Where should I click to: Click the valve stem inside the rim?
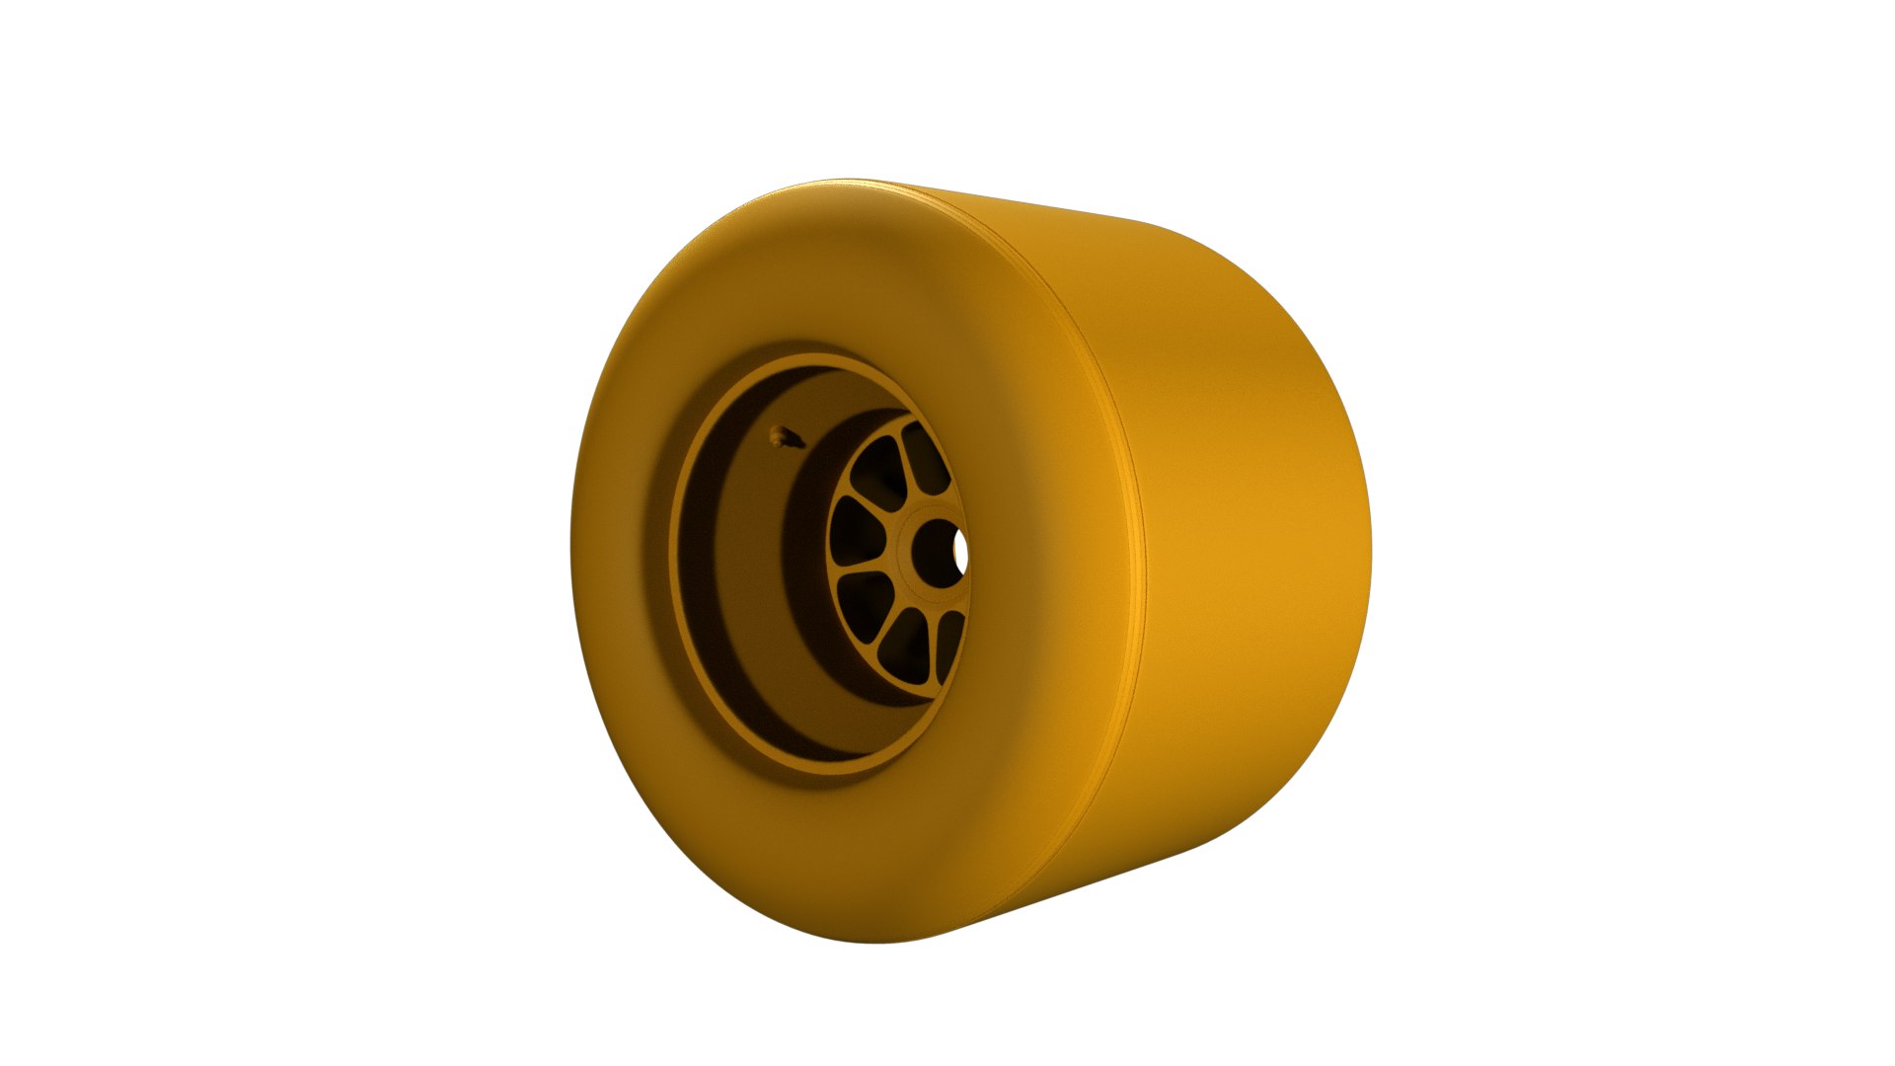coord(785,437)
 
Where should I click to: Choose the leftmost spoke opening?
coord(850,534)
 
